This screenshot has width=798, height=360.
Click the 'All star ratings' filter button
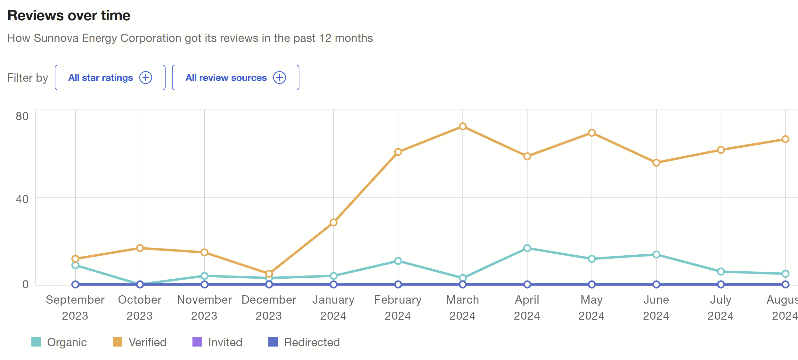coord(110,78)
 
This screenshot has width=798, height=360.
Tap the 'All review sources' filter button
coord(235,78)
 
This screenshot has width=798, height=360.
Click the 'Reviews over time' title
coord(69,15)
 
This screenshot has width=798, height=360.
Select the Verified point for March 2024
coord(462,127)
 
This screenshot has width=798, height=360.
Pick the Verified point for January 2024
coord(333,222)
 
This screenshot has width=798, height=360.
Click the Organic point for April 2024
coord(527,248)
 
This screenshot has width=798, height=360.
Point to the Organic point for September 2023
coord(75,265)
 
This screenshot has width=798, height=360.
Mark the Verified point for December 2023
coord(269,274)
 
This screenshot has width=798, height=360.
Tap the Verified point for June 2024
coord(656,163)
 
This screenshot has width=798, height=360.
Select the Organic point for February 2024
coord(398,261)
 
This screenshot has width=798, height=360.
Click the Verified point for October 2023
coord(140,248)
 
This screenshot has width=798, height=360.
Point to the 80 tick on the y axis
coord(22,116)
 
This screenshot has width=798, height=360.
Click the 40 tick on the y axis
coord(22,199)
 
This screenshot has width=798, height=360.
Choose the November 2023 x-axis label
coord(204,307)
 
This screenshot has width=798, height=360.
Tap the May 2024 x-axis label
coord(591,307)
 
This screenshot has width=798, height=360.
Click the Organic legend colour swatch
coord(36,342)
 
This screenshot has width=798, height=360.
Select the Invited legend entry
coord(217,342)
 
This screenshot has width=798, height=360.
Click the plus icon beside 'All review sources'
coord(280,78)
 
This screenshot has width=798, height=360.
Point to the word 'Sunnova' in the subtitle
coord(56,38)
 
